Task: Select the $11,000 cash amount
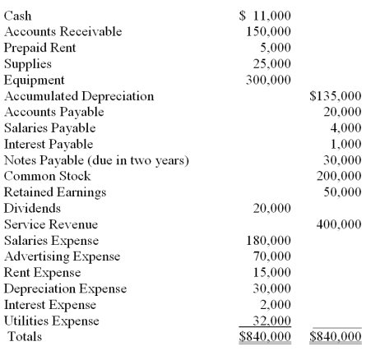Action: point(265,16)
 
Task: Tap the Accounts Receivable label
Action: point(63,31)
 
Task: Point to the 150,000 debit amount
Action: point(268,31)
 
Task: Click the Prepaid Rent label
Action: point(39,48)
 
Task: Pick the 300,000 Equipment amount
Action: point(268,80)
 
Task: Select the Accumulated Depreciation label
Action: point(79,96)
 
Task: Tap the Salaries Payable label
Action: point(49,128)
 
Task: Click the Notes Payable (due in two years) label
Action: point(96,160)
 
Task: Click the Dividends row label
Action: point(30,208)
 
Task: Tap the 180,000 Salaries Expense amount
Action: point(268,241)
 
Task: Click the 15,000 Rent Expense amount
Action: point(271,273)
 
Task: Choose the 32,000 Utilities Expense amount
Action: point(271,321)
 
